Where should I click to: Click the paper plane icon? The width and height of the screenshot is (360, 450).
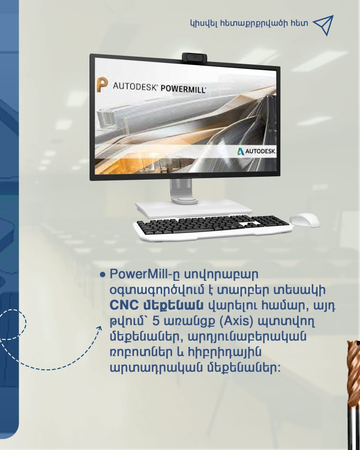click(x=323, y=25)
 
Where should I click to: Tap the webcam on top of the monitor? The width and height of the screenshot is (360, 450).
click(x=195, y=57)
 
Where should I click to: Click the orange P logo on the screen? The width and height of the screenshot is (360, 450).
click(x=102, y=84)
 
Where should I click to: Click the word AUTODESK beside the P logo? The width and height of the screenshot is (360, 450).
click(x=135, y=86)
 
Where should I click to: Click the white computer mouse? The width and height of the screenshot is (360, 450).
click(x=305, y=220)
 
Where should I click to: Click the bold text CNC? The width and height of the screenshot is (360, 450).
click(x=124, y=305)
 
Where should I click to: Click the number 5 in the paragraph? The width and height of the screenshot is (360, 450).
click(x=156, y=321)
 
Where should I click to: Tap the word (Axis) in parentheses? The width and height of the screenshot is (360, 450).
click(x=236, y=321)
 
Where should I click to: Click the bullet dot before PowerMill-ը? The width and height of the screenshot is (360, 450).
click(x=103, y=275)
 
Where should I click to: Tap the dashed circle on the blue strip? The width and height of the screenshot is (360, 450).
click(x=26, y=324)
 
